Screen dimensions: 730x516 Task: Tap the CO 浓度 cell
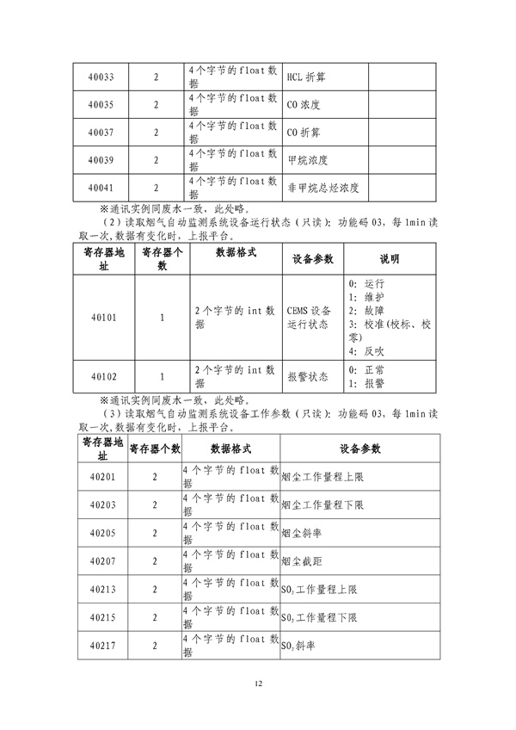[304, 105]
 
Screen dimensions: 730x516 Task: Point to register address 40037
[101, 133]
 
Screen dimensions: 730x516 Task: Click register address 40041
[101, 187]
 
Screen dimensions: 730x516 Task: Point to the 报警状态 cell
[307, 376]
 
